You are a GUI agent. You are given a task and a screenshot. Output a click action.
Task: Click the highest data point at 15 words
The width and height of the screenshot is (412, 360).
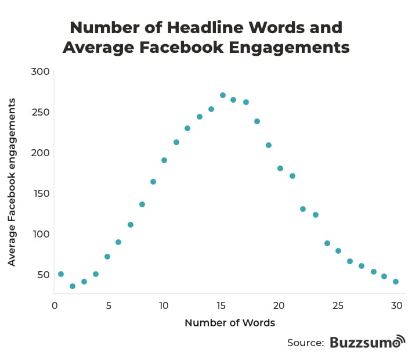(x=223, y=95)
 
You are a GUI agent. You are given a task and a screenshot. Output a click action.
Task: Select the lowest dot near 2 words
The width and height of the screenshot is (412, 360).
(x=73, y=286)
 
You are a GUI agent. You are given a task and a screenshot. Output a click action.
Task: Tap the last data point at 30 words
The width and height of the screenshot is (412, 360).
(x=396, y=282)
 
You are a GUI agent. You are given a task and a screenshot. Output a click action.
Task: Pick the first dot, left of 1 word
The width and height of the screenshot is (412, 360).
(x=61, y=274)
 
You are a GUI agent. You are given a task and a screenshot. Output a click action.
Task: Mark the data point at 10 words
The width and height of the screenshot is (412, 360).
(x=164, y=160)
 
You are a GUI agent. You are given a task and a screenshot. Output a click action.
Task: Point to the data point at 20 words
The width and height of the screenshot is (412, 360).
(x=280, y=168)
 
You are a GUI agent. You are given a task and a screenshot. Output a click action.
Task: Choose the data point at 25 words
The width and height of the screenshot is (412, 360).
(x=338, y=251)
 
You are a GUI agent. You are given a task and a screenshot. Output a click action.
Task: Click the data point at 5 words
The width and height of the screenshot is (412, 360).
(x=107, y=257)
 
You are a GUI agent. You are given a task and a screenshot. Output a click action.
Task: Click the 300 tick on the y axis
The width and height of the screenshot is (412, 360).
(x=40, y=71)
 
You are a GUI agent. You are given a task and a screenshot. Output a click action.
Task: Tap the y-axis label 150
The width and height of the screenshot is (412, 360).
(x=42, y=193)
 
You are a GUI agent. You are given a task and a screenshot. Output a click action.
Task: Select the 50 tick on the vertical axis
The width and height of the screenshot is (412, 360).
(x=44, y=275)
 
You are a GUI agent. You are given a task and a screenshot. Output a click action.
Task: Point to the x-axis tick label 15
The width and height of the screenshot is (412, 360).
(x=221, y=305)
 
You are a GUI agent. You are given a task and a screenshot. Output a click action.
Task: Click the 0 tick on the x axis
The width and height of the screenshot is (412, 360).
(x=55, y=305)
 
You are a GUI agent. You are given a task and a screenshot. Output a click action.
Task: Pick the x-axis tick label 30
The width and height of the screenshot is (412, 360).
(x=396, y=305)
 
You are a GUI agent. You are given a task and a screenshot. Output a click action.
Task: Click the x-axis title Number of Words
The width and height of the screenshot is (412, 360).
(x=230, y=323)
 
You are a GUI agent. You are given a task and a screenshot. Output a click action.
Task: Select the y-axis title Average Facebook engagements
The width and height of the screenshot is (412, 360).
(x=12, y=182)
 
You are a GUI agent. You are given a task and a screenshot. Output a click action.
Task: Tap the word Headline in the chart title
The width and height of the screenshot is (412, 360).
(x=205, y=27)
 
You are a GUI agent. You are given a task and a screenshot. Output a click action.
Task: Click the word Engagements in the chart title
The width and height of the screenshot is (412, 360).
(x=289, y=48)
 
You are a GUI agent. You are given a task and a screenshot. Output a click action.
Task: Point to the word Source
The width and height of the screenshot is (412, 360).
(x=306, y=343)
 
